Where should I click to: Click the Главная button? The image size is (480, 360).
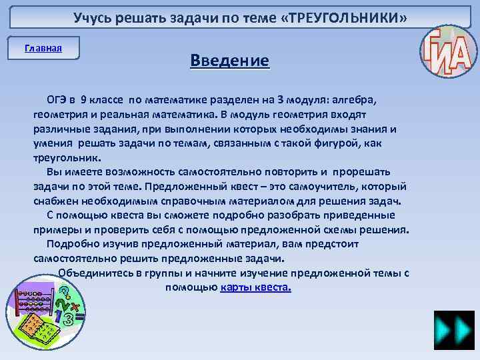43,48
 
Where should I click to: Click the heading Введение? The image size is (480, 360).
229,61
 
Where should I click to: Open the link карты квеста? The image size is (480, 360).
255,288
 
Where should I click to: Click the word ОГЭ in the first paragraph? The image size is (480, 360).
56,100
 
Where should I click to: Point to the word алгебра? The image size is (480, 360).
353,100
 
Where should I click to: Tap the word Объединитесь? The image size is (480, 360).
93,273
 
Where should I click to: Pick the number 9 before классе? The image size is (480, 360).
82,100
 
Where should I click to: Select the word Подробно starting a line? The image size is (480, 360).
71,244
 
